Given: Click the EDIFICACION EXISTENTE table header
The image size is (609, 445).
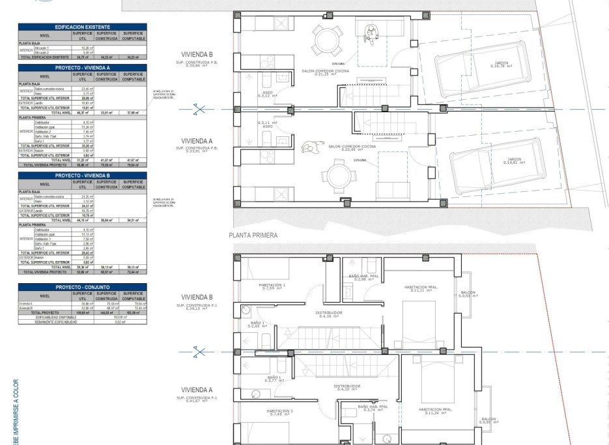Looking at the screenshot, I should point(83,27).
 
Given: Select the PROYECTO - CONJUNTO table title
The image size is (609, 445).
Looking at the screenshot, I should point(83,286).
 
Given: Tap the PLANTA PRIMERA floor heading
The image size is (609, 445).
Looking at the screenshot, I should point(253,236).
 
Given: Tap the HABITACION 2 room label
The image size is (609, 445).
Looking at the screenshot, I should point(279,412).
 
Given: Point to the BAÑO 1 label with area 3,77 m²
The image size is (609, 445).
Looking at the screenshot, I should point(274,378).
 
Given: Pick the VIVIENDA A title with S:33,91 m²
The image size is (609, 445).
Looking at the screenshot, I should point(197,141).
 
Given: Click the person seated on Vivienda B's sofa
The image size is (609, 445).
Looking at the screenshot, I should point(372,30).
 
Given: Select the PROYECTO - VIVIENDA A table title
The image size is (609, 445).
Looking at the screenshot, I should point(83,67).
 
